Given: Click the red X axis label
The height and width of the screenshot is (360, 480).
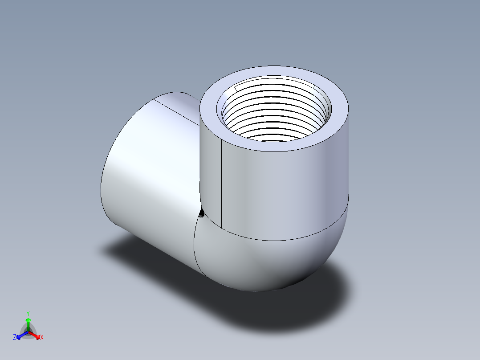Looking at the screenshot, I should (42, 338).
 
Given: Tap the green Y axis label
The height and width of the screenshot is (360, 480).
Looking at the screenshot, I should (28, 313).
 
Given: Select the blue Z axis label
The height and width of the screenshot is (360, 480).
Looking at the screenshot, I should (15, 338).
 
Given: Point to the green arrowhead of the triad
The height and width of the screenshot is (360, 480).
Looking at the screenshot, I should (28, 320).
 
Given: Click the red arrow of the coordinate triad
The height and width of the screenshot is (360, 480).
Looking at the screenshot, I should (35, 335).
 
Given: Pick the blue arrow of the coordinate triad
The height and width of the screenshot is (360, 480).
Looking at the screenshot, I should (21, 335).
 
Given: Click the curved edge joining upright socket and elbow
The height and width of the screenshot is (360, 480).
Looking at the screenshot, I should (285, 240).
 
